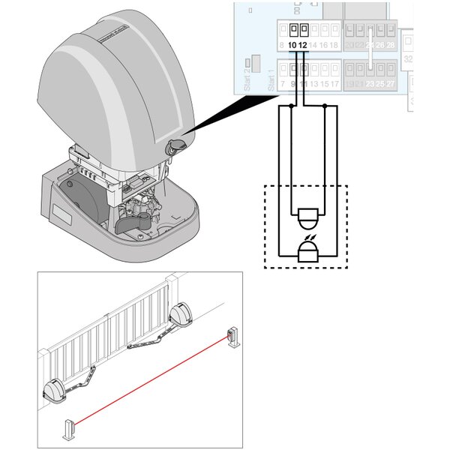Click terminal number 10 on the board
(x=292, y=46)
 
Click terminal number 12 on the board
(x=303, y=46)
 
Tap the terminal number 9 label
(x=293, y=83)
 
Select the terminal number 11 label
(x=303, y=83)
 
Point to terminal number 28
(x=390, y=46)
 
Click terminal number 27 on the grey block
(x=390, y=83)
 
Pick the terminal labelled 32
(x=408, y=58)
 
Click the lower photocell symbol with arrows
(x=308, y=250)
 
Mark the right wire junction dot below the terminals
(x=324, y=106)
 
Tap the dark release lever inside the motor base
(x=136, y=223)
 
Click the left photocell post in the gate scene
(x=69, y=430)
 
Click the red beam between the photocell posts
(x=150, y=383)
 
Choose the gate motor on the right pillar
(x=181, y=316)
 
